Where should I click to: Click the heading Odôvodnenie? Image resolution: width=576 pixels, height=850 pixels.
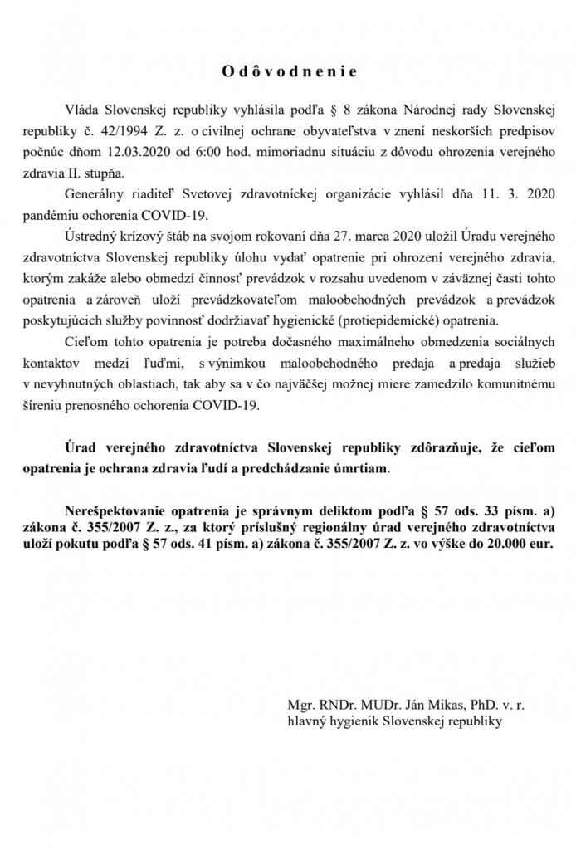288,71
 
